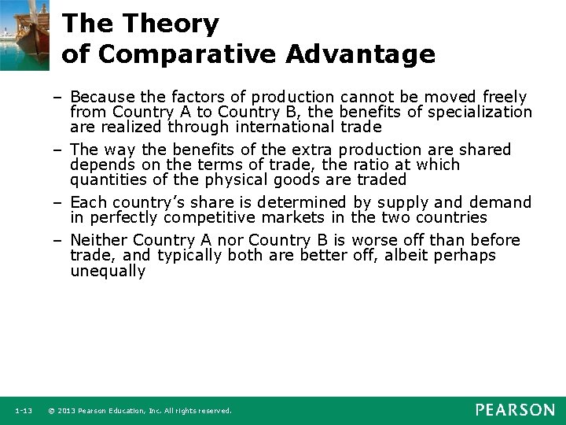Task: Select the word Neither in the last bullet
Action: coord(99,240)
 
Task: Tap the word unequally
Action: coord(108,271)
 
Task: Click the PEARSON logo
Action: coord(514,410)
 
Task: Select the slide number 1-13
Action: coord(24,411)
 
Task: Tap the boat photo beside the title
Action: coord(24,35)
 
